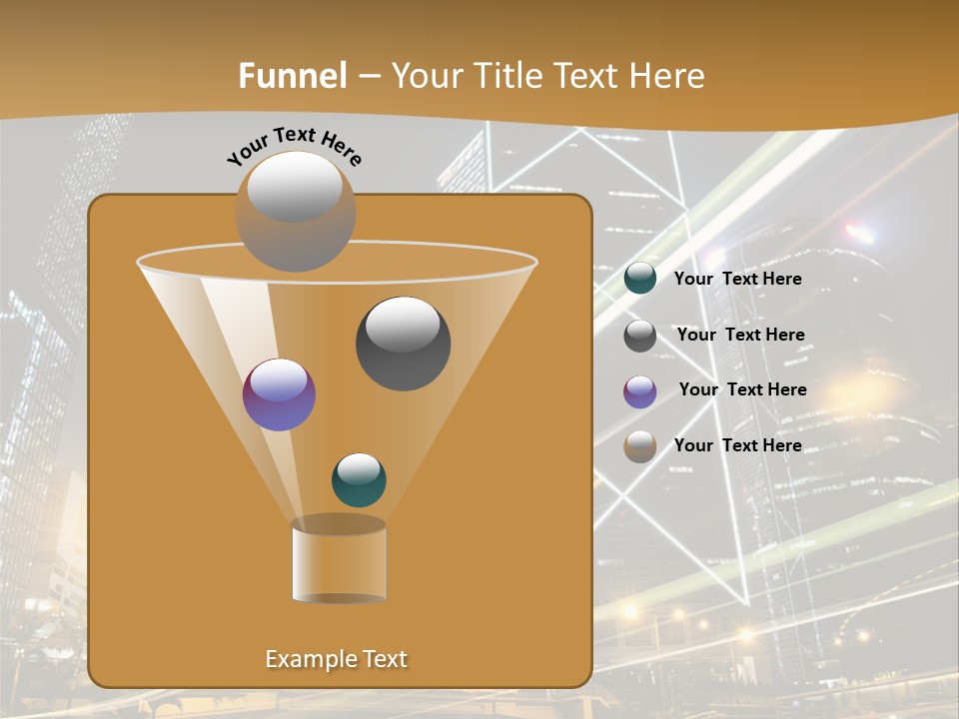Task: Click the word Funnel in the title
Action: pyautogui.click(x=293, y=76)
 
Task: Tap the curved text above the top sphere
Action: pyautogui.click(x=294, y=146)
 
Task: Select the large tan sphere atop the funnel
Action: pyautogui.click(x=295, y=211)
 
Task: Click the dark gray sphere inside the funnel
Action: pyautogui.click(x=403, y=343)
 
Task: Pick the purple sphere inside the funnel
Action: pyautogui.click(x=279, y=394)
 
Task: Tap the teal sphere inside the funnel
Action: pyautogui.click(x=359, y=479)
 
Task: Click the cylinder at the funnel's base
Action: pyautogui.click(x=339, y=561)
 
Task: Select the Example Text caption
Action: pyautogui.click(x=336, y=659)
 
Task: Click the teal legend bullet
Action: pyautogui.click(x=640, y=279)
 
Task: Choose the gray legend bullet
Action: pyautogui.click(x=640, y=336)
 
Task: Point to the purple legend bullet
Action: pyautogui.click(x=640, y=391)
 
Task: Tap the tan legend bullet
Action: pyautogui.click(x=640, y=446)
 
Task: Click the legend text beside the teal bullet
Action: pyautogui.click(x=737, y=280)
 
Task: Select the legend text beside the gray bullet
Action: pyautogui.click(x=740, y=336)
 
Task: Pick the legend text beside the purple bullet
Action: pyautogui.click(x=742, y=390)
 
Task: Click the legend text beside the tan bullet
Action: pyautogui.click(x=737, y=445)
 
